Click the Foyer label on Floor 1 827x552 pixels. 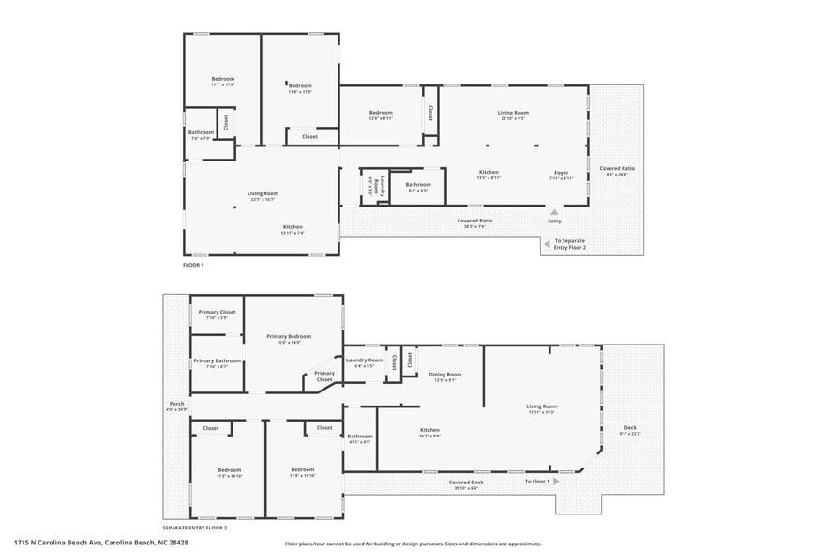click(x=561, y=173)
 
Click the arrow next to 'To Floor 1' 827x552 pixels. click(x=555, y=482)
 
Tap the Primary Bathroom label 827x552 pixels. click(x=217, y=361)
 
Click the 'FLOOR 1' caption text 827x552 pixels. click(x=193, y=265)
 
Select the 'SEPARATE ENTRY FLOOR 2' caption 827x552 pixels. click(x=195, y=528)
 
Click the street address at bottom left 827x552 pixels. click(x=95, y=543)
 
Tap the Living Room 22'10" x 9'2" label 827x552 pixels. click(x=513, y=113)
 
